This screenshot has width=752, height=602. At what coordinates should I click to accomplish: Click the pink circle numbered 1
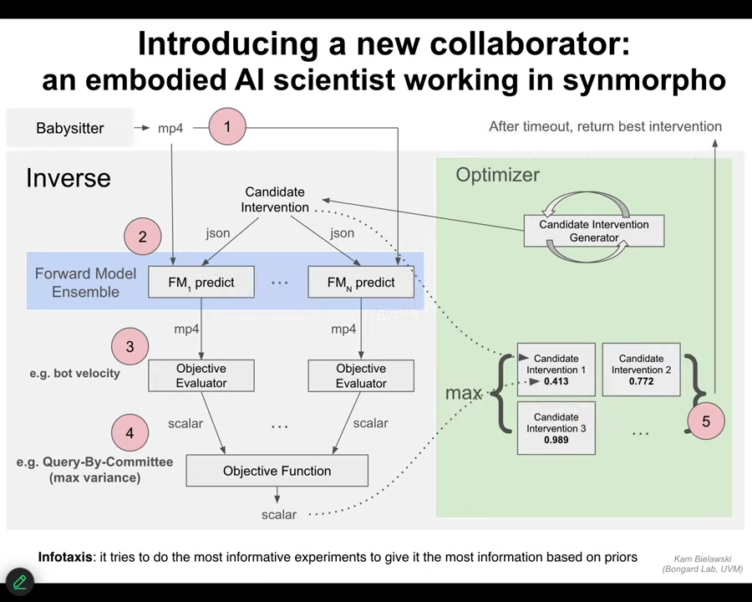click(227, 127)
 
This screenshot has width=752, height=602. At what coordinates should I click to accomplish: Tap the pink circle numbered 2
click(142, 237)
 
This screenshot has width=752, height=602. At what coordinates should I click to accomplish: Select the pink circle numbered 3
click(130, 346)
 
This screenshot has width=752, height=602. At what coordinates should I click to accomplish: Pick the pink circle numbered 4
click(130, 433)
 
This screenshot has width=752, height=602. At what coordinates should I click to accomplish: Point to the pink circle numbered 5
click(705, 421)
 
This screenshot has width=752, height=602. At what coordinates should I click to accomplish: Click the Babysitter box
click(70, 128)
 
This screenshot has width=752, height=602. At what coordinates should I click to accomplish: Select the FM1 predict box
click(201, 283)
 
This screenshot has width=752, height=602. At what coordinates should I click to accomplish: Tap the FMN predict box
click(361, 283)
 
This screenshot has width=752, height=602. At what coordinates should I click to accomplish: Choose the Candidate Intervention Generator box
click(593, 231)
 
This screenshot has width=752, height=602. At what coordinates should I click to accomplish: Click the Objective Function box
click(277, 471)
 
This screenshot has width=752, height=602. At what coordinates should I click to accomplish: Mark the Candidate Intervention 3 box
click(556, 427)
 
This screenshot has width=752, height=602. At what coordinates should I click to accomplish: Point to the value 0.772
click(641, 381)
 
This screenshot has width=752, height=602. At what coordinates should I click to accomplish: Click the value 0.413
click(556, 381)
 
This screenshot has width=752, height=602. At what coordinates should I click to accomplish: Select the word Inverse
click(69, 178)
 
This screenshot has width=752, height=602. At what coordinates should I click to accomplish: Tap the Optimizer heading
click(497, 175)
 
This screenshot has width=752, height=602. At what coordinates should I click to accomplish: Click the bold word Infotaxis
click(65, 557)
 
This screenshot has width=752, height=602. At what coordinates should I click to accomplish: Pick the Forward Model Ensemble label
click(85, 283)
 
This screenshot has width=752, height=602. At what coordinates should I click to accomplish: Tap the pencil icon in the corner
click(19, 581)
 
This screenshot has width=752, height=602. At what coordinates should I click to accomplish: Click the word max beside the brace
click(463, 392)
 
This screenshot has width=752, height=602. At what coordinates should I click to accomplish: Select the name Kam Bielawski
click(702, 559)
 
